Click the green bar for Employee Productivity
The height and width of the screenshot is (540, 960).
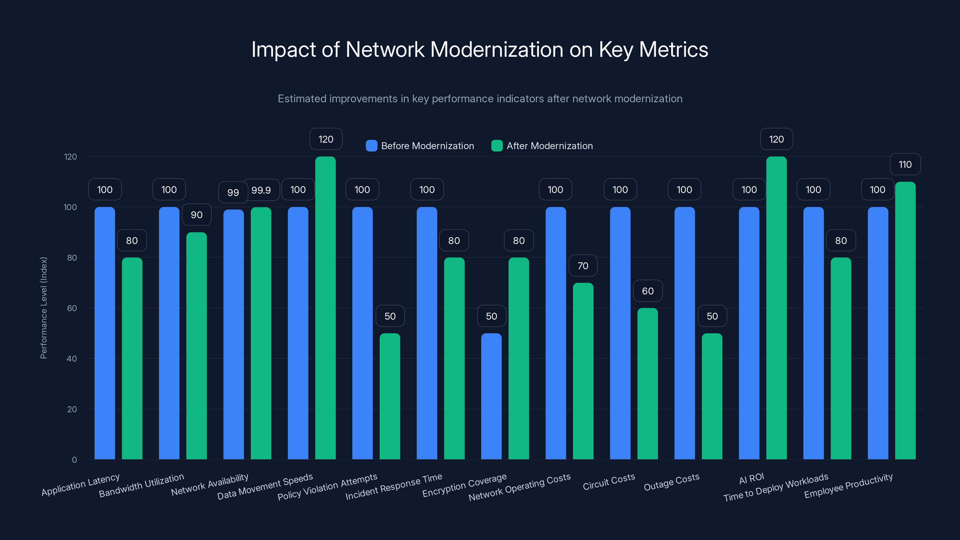pyautogui.click(x=905, y=320)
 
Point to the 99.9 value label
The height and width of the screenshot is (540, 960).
pyautogui.click(x=261, y=190)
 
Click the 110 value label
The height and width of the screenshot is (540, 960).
pyautogui.click(x=905, y=164)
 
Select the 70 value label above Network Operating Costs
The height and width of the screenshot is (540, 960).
pyautogui.click(x=583, y=266)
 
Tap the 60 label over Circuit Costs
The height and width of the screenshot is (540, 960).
pyautogui.click(x=648, y=291)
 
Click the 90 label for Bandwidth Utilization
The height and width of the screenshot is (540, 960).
pyautogui.click(x=196, y=215)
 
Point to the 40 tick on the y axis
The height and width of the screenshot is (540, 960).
pyautogui.click(x=72, y=358)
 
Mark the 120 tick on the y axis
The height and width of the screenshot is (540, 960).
pyautogui.click(x=70, y=157)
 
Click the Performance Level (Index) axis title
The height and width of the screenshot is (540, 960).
pyautogui.click(x=43, y=308)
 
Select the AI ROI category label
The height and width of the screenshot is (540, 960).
pyautogui.click(x=751, y=478)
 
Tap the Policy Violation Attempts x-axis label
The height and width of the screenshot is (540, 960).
pyautogui.click(x=327, y=487)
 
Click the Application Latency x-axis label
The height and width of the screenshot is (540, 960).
pyautogui.click(x=80, y=485)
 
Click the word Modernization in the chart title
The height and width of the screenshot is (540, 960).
pyautogui.click(x=496, y=49)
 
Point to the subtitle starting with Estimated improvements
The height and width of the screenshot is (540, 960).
pyautogui.click(x=480, y=99)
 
